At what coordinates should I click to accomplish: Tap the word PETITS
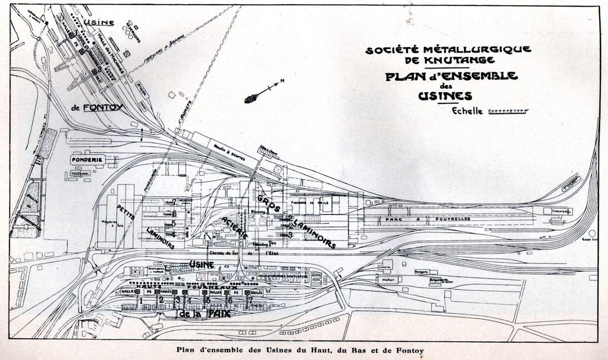[x=123, y=207]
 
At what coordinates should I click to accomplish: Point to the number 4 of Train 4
[x=173, y=234]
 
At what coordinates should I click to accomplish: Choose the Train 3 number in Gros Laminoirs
[x=290, y=235]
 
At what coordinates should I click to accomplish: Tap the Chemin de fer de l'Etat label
[x=238, y=253]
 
